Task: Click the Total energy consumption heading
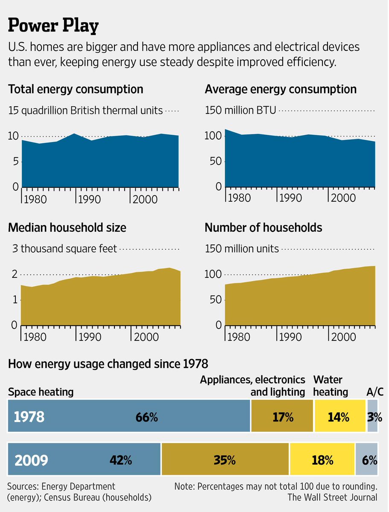[x=76, y=90]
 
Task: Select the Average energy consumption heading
[x=281, y=90]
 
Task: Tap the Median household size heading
[x=67, y=228]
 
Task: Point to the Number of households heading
[x=263, y=228]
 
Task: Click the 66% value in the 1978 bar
[x=146, y=417]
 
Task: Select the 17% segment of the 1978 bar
[x=283, y=417]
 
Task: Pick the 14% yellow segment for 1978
[x=339, y=417]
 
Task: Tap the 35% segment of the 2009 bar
[x=225, y=460]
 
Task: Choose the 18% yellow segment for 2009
[x=322, y=460]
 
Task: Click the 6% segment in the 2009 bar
[x=370, y=460]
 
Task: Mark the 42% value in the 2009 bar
[x=121, y=460]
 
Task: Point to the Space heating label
[x=41, y=392]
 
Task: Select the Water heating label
[x=331, y=386]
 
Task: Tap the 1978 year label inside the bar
[x=29, y=417]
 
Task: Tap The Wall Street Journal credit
[x=332, y=497]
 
